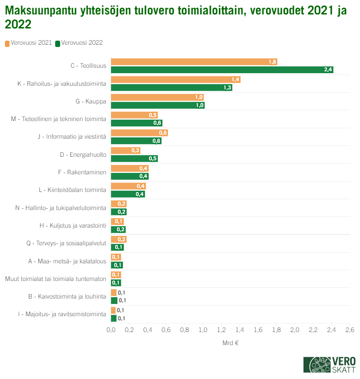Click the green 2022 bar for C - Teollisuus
[222, 70]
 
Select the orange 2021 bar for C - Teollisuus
[194, 62]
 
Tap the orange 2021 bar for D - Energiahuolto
[125, 150]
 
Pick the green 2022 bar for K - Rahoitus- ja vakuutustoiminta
[171, 88]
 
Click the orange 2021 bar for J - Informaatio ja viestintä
[139, 133]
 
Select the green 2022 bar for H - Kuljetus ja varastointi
[118, 229]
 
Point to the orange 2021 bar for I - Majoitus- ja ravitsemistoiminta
[113, 310]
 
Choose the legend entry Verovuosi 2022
[79, 43]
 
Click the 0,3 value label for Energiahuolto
[135, 150]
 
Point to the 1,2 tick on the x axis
[221, 330]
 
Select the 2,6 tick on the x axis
[350, 330]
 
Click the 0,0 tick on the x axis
[111, 330]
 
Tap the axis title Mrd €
[230, 343]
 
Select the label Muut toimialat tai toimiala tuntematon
[56, 279]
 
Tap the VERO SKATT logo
[329, 365]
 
